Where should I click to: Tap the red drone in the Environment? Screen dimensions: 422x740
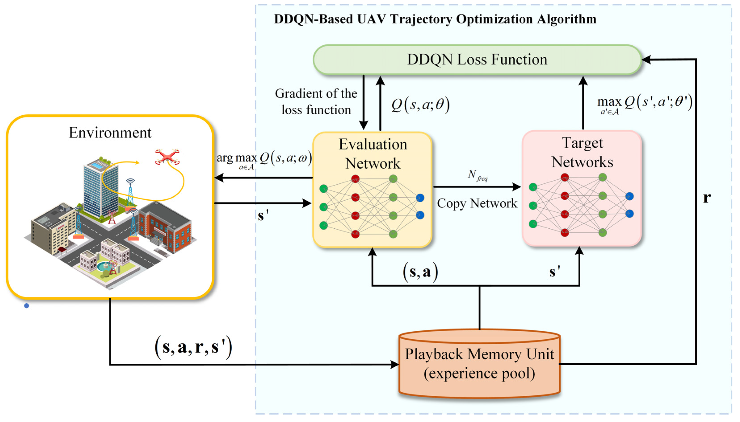click(167, 157)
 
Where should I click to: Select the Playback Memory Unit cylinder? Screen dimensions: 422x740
click(479, 364)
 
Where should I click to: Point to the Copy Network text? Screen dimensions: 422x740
click(477, 203)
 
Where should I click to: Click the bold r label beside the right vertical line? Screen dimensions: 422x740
click(707, 198)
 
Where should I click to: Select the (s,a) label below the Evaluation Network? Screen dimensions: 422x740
click(420, 272)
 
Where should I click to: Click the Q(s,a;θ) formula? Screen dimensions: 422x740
click(420, 105)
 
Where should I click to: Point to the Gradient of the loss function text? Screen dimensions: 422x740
click(316, 101)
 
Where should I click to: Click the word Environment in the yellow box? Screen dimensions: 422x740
click(110, 133)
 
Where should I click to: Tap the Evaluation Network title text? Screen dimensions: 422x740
click(373, 154)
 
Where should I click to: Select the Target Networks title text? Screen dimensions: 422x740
click(582, 152)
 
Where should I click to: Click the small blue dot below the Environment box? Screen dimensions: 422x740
click(26, 305)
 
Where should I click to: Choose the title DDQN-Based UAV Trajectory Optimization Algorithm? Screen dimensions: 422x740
click(435, 19)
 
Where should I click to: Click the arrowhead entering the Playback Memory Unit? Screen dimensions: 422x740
click(395, 364)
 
